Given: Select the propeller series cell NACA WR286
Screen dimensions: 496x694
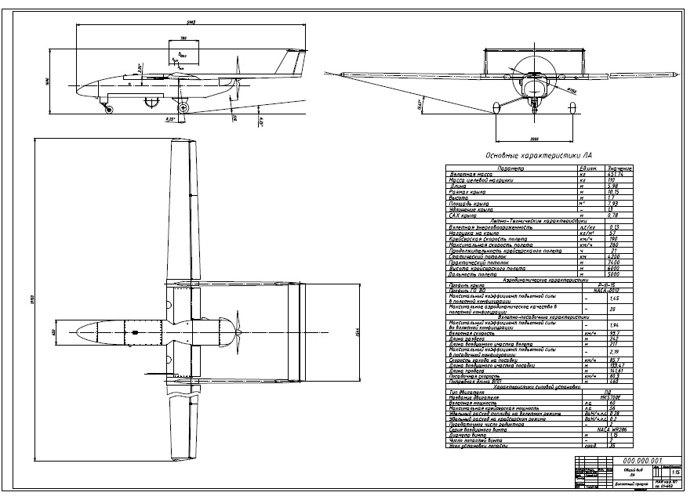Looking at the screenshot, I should click(606, 431).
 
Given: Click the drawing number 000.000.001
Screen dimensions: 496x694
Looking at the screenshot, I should click(642, 460).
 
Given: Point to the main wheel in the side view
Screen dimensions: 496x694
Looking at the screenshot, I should click(183, 107).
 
